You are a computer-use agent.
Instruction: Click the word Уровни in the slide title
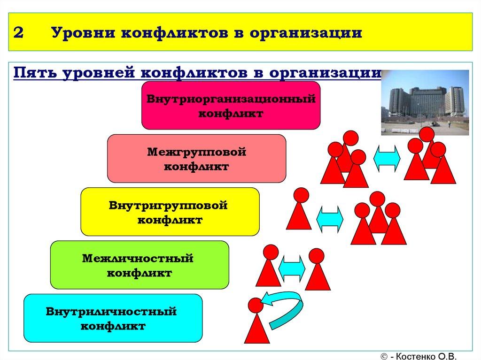pyautogui.click(x=78, y=33)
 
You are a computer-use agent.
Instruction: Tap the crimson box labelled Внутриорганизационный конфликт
pyautogui.click(x=231, y=105)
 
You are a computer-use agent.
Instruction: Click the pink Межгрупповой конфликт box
pyautogui.click(x=196, y=158)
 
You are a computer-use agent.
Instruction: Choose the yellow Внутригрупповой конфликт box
pyautogui.click(x=170, y=211)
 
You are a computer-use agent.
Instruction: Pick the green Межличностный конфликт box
pyautogui.click(x=139, y=264)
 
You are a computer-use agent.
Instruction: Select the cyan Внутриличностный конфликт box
pyautogui.click(x=112, y=318)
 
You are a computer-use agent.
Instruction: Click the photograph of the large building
pyautogui.click(x=424, y=102)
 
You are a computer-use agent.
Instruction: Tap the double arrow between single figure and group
pyautogui.click(x=330, y=219)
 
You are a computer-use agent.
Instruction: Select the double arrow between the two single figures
pyautogui.click(x=292, y=268)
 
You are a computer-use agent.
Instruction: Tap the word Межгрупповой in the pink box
pyautogui.click(x=196, y=152)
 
